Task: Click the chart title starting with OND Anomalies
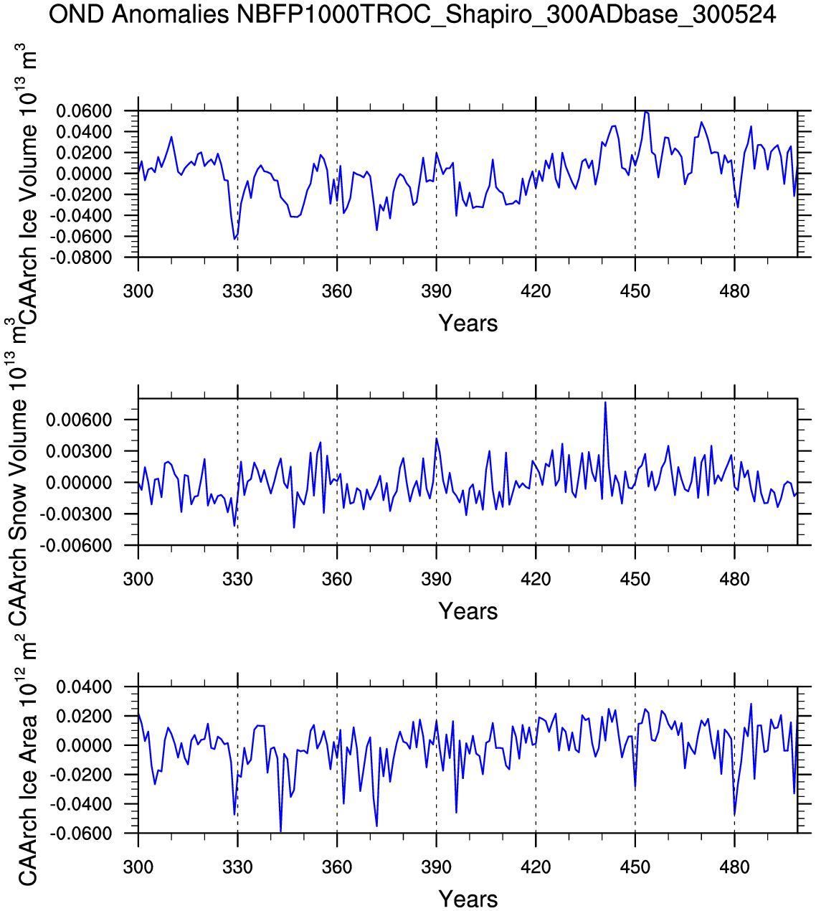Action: pos(412,14)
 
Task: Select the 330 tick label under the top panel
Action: pos(237,291)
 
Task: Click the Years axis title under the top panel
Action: pos(468,324)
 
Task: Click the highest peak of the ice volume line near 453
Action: pos(646,112)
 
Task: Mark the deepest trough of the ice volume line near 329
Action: pos(234,238)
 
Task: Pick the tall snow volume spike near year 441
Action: pos(605,402)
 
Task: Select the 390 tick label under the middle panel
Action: pos(436,580)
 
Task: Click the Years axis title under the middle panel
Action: pos(468,611)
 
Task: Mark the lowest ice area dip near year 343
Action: pos(280,831)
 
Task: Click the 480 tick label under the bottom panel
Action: pos(734,867)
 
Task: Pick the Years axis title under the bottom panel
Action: pos(468,899)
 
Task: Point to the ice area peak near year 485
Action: pos(751,704)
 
